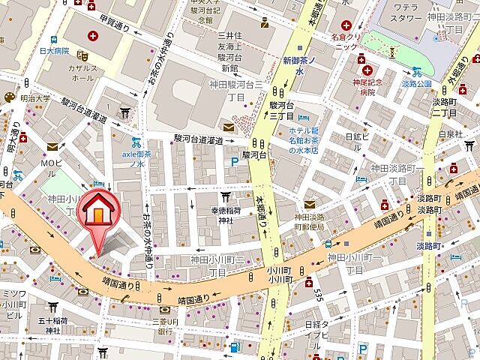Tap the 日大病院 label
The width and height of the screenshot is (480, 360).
[55, 51]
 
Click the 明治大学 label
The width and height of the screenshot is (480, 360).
[34, 97]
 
